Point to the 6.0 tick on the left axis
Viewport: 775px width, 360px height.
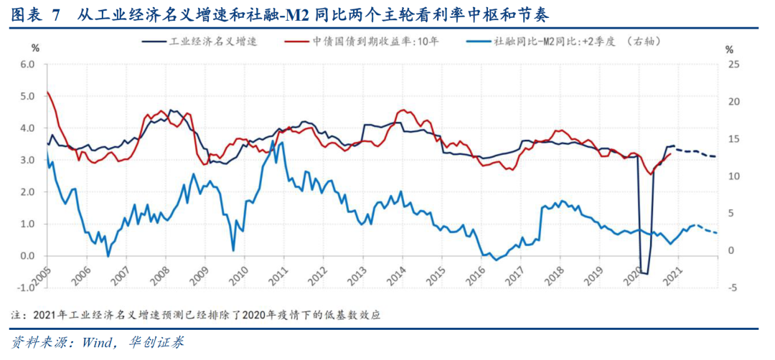(x=27, y=65)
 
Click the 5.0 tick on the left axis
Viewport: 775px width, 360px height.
(x=27, y=96)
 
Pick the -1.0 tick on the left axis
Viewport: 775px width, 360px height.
(x=26, y=288)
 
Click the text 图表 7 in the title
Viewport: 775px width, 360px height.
(x=36, y=15)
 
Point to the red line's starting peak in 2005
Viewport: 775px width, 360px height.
(x=47, y=92)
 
